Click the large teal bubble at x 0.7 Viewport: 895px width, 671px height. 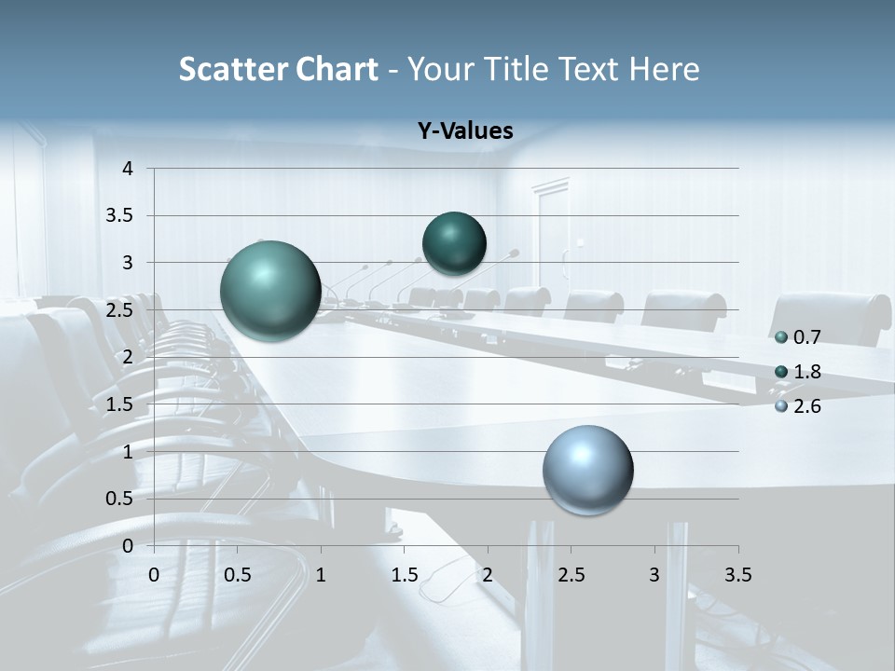(x=270, y=291)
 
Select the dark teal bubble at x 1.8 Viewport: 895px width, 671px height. (x=454, y=243)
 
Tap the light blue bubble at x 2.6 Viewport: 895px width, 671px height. (x=587, y=470)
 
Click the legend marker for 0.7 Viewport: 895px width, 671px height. (x=781, y=336)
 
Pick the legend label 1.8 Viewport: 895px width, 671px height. (x=807, y=372)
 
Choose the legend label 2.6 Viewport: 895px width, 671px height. (x=807, y=406)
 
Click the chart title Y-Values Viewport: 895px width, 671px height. (x=464, y=131)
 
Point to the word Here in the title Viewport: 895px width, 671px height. (x=664, y=69)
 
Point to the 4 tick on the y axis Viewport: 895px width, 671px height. (x=128, y=169)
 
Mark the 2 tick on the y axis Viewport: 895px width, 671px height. (x=128, y=357)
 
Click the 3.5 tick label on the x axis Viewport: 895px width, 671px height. (x=737, y=575)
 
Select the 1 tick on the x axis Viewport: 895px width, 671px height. (x=321, y=575)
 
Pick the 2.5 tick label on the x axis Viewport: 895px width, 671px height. (x=571, y=575)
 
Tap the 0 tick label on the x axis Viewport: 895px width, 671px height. (x=154, y=575)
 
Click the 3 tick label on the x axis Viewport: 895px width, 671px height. (x=654, y=575)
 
